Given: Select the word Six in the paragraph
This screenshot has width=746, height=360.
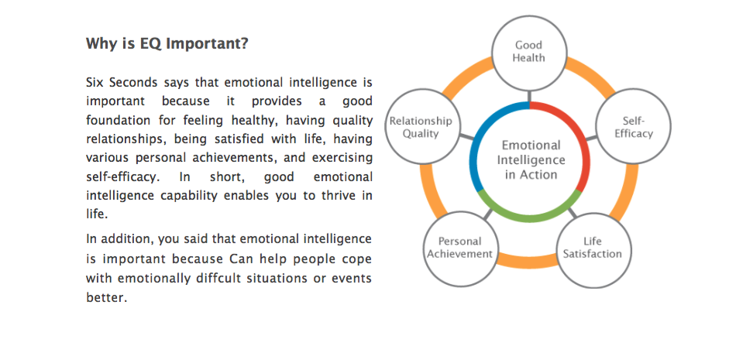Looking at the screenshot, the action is pyautogui.click(x=95, y=82).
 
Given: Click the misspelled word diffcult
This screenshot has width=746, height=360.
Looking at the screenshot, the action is pyautogui.click(x=219, y=278).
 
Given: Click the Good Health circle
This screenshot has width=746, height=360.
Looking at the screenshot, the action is pyautogui.click(x=529, y=53).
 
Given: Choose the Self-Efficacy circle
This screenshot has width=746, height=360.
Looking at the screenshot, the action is pyautogui.click(x=633, y=127).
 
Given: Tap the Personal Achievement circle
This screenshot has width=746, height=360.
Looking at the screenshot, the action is pyautogui.click(x=461, y=249).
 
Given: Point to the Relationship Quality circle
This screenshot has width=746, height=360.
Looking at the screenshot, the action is pyautogui.click(x=421, y=126).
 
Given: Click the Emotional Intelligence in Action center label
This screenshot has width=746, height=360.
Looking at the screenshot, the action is pyautogui.click(x=531, y=159).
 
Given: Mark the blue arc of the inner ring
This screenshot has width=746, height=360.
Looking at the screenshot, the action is pyautogui.click(x=476, y=142).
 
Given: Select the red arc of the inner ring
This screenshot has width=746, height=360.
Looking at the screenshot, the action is pyautogui.click(x=586, y=142).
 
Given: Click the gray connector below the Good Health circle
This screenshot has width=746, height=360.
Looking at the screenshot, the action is pyautogui.click(x=529, y=95).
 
